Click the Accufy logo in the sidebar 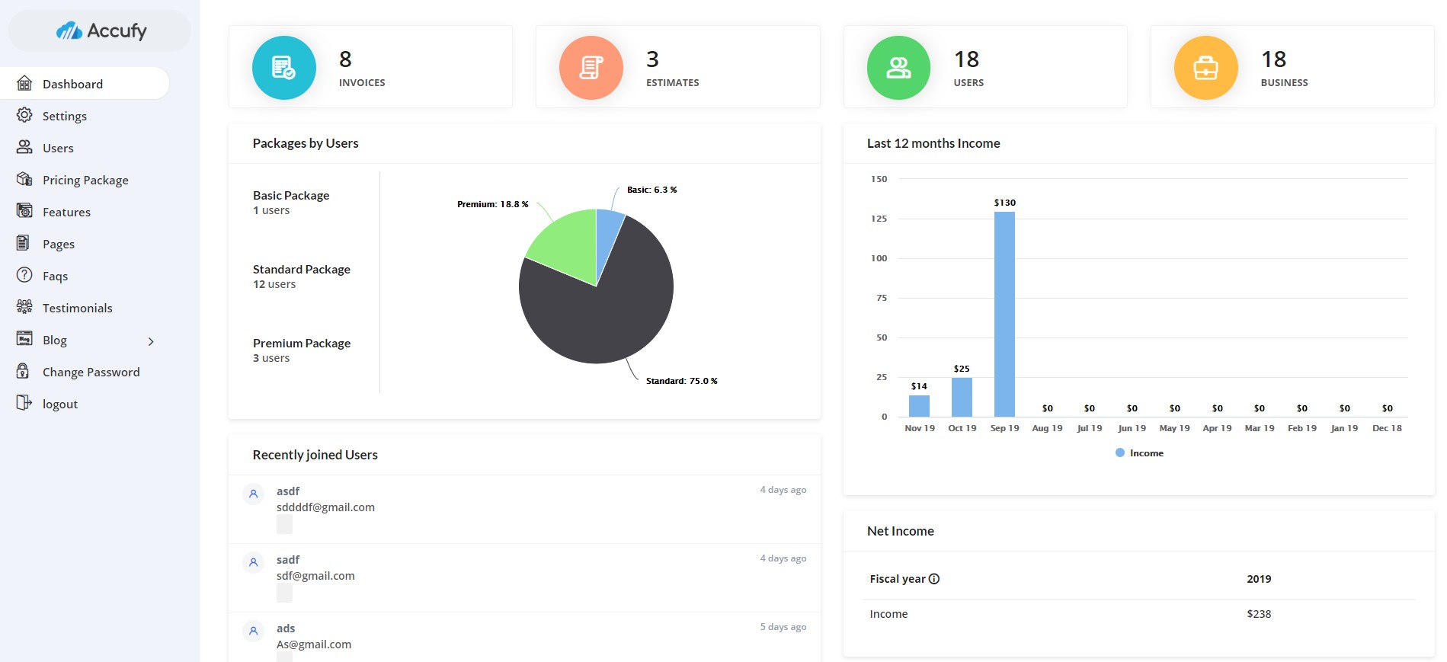[x=101, y=31]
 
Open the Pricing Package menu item [x=85, y=180]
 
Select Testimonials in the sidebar [x=77, y=308]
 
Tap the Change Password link [x=91, y=372]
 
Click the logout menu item [x=59, y=404]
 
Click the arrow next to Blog [x=151, y=341]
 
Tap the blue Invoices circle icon [x=283, y=68]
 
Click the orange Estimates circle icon [x=591, y=68]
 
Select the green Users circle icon [x=898, y=68]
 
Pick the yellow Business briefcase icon [x=1205, y=68]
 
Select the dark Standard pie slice [x=602, y=312]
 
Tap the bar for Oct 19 [x=962, y=397]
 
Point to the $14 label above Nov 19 [x=919, y=386]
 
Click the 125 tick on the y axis [x=879, y=219]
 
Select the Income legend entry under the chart [x=1140, y=453]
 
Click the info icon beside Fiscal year [x=934, y=579]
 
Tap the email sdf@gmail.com [x=315, y=576]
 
